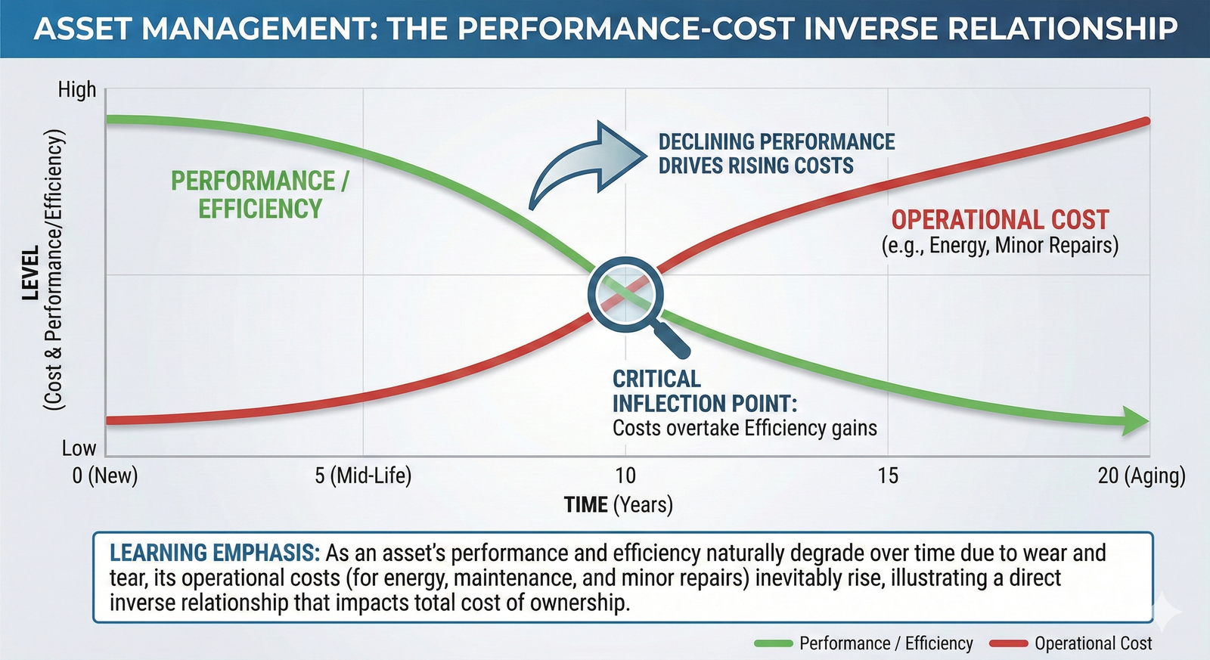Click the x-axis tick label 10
point(625,476)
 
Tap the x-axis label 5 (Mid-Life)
point(363,476)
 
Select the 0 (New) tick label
point(105,476)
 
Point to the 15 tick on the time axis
point(888,476)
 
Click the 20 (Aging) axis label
point(1141,476)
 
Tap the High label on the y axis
point(77,90)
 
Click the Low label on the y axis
point(79,448)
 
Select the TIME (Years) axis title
point(618,504)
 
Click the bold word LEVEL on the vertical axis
point(31,273)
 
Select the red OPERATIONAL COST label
point(1000,220)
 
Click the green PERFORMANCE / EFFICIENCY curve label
point(259,194)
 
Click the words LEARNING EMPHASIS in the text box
point(214,553)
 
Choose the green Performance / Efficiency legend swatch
point(773,643)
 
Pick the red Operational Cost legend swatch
point(1009,643)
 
